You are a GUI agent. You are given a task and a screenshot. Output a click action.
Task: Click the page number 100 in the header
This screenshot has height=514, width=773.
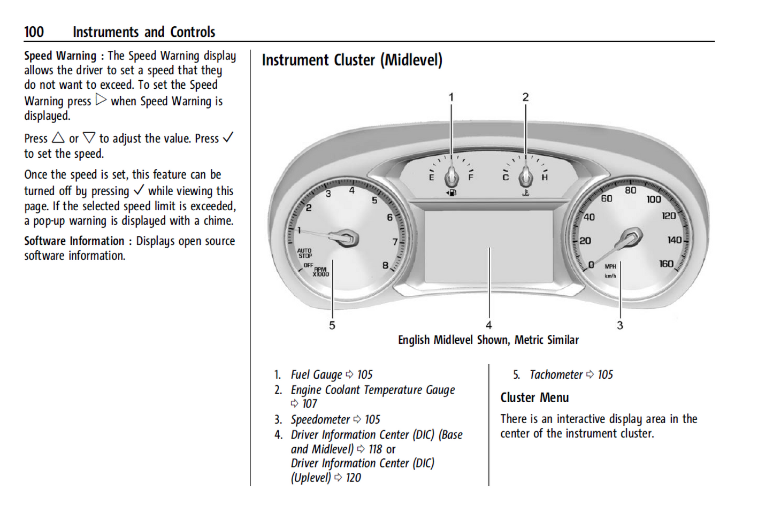click(x=34, y=32)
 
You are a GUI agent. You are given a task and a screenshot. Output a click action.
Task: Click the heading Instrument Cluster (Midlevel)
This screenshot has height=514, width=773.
click(x=352, y=60)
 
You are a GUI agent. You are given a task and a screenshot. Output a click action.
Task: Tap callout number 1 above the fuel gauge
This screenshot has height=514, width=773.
click(x=451, y=97)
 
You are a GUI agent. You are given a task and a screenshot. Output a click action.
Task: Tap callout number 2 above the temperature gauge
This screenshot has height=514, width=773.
click(x=525, y=97)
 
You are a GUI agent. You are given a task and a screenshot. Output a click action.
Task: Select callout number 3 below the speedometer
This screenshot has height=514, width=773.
click(x=620, y=325)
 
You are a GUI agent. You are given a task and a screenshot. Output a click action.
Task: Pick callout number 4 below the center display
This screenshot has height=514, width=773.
click(x=488, y=325)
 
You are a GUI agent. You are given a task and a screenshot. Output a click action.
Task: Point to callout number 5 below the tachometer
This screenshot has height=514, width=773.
click(x=332, y=325)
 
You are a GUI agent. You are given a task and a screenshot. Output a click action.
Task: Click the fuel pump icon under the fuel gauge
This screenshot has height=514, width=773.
click(x=451, y=193)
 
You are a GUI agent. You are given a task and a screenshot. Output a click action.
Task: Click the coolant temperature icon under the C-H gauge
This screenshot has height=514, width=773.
click(x=526, y=193)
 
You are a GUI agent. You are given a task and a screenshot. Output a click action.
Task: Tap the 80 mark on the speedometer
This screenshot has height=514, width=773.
click(x=631, y=190)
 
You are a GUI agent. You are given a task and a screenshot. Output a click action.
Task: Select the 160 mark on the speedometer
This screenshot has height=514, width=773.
click(x=666, y=264)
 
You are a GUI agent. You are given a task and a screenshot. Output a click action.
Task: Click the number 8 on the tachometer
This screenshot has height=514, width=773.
click(x=385, y=265)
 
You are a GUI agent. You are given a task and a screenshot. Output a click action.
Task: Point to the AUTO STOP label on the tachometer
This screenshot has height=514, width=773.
click(x=304, y=253)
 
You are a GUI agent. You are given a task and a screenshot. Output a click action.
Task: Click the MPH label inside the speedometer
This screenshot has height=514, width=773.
click(x=610, y=266)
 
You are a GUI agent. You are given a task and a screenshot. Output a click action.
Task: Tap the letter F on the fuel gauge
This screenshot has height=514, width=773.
click(x=471, y=177)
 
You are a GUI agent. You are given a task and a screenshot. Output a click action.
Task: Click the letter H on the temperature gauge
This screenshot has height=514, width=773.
click(x=545, y=177)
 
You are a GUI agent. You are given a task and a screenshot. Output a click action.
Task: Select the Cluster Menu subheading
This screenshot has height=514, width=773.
click(x=534, y=398)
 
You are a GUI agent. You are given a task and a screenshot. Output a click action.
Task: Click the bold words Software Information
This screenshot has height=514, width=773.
click(x=74, y=241)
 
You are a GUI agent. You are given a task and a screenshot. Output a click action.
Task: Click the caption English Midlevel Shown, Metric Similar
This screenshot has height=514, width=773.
click(x=488, y=340)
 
